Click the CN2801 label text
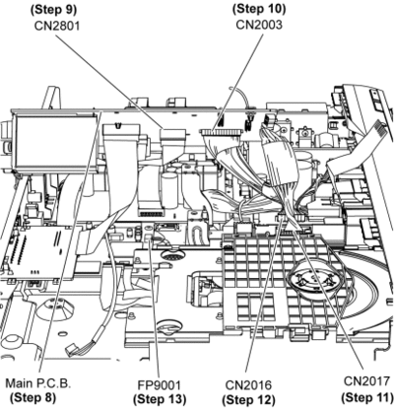click(x=57, y=26)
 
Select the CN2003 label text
click(x=259, y=25)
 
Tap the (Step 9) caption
click(x=53, y=10)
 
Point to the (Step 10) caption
click(x=259, y=9)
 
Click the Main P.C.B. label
click(x=38, y=383)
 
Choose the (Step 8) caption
click(x=33, y=398)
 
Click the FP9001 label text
click(x=160, y=384)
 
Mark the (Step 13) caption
click(x=160, y=399)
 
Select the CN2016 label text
click(x=248, y=385)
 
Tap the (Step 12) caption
click(x=248, y=400)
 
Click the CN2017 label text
click(x=367, y=381)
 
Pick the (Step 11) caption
click(x=367, y=397)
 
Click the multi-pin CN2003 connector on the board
click(x=222, y=133)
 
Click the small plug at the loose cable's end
click(x=71, y=350)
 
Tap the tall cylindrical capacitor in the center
click(x=169, y=190)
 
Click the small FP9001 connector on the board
click(x=149, y=239)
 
